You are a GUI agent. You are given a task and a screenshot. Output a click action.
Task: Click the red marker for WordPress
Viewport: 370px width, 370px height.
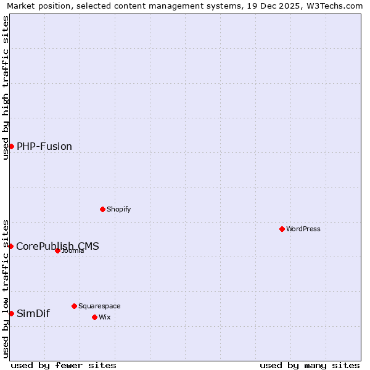click(282, 229)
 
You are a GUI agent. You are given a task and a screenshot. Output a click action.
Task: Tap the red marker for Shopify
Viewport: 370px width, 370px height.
click(102, 209)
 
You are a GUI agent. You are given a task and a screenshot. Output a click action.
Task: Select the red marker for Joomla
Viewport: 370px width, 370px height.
click(57, 250)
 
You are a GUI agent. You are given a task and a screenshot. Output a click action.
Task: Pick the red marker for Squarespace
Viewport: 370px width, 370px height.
click(74, 306)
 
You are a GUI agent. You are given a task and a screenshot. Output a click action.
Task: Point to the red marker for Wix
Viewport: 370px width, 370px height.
click(94, 317)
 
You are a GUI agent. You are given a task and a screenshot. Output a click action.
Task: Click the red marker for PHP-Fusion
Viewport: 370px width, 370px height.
click(11, 146)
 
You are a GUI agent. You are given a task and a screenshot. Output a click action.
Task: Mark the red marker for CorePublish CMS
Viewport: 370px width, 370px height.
click(10, 246)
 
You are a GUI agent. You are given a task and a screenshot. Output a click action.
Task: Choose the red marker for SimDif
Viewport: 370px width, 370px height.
click(11, 313)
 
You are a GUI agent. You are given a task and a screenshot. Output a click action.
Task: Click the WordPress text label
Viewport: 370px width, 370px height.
click(303, 229)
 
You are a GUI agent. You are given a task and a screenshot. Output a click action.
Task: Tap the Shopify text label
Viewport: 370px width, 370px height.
click(119, 209)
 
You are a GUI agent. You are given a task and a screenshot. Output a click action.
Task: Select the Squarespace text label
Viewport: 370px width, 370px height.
click(99, 306)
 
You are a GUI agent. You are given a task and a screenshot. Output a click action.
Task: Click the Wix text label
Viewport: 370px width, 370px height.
click(104, 317)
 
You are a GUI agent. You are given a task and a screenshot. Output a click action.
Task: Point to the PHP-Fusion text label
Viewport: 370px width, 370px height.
click(44, 146)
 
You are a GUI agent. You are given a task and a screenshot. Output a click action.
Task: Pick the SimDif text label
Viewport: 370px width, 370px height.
click(33, 313)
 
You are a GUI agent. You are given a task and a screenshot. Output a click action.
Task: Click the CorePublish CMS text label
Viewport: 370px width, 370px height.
click(57, 246)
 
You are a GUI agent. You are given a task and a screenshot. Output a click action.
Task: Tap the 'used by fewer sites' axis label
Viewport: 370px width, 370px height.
click(64, 365)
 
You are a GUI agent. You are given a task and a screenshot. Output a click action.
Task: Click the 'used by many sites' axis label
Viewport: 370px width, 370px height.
click(310, 365)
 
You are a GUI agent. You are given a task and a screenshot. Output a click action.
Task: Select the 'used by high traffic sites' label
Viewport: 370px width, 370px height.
click(6, 88)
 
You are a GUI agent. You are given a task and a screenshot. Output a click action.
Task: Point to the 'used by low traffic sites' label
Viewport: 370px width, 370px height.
click(6, 288)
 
